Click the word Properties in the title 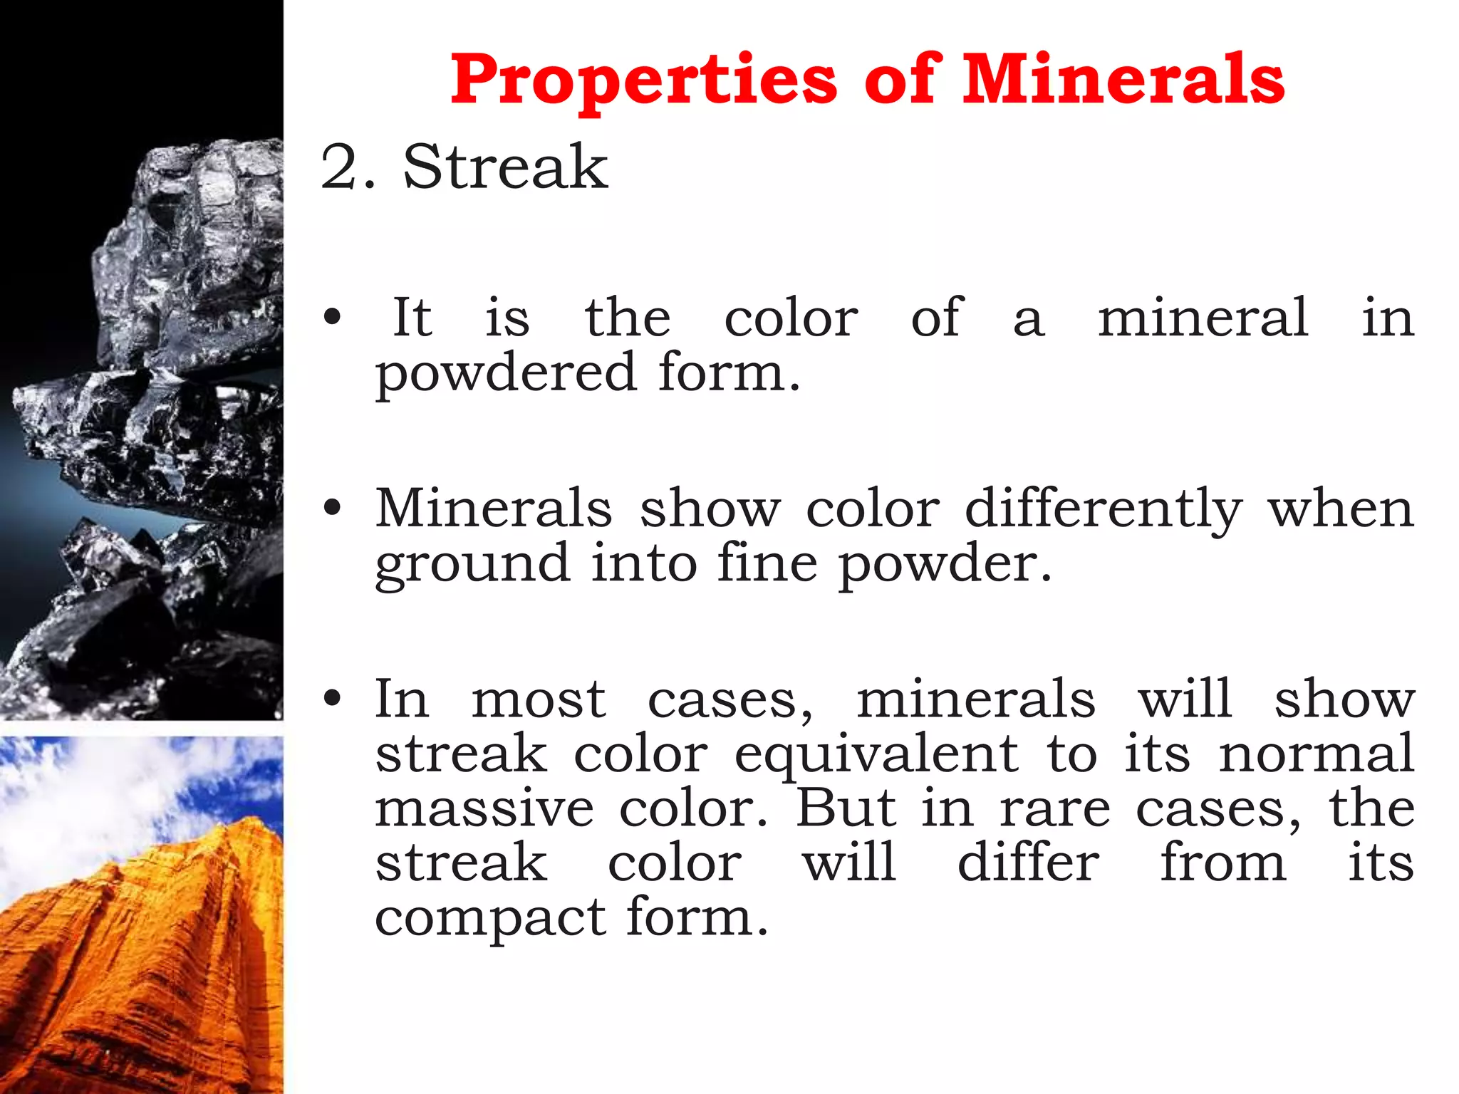tap(643, 80)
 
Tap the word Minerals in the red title tap(1123, 79)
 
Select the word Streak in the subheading tap(505, 167)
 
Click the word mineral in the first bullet tap(1203, 317)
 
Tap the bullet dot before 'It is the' tap(332, 317)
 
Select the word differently tap(1104, 509)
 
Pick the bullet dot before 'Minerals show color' tap(332, 508)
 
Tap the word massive tap(484, 809)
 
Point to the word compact tap(491, 918)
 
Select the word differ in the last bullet tap(1028, 863)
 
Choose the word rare tap(1054, 810)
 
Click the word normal tap(1316, 754)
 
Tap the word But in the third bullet tap(846, 808)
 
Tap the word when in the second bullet tap(1341, 509)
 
